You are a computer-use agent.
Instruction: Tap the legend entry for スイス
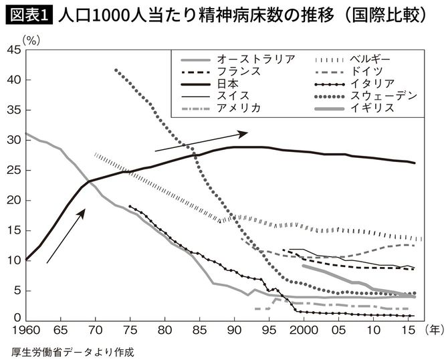click(x=227, y=96)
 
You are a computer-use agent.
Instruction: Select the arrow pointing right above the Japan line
click(x=201, y=142)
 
